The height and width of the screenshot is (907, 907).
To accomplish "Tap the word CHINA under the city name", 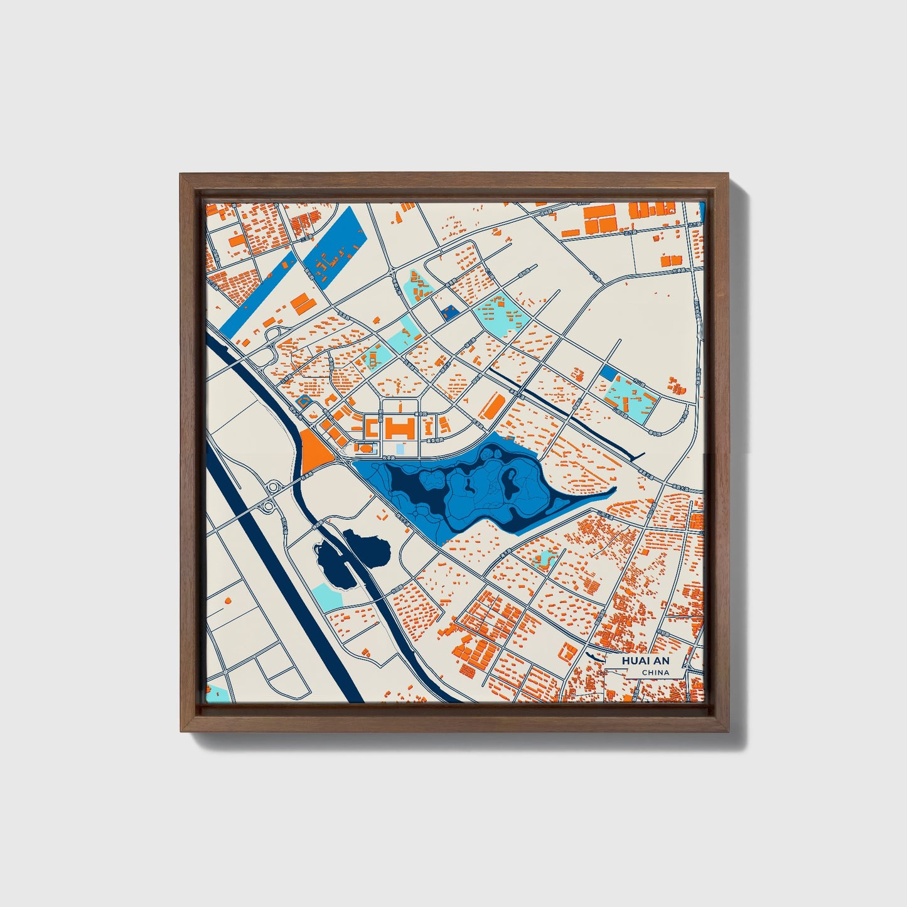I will pos(655,673).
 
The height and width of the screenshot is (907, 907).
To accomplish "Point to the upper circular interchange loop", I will pos(274,486).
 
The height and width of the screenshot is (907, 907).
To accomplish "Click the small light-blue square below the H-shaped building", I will pos(400,449).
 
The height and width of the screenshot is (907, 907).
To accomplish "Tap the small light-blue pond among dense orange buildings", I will pos(544,557).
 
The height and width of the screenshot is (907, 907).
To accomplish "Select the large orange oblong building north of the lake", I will pos(493,406).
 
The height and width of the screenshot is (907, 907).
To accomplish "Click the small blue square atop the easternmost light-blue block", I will pos(608,372).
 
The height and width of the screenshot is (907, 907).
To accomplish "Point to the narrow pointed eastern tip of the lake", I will pos(612,491).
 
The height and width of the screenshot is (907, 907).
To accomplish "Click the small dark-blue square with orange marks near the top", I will pos(449,312).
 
